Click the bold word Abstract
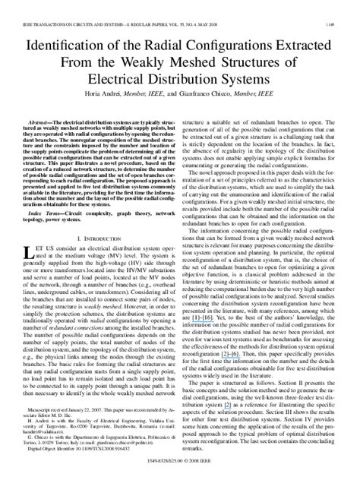pos(43,122)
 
